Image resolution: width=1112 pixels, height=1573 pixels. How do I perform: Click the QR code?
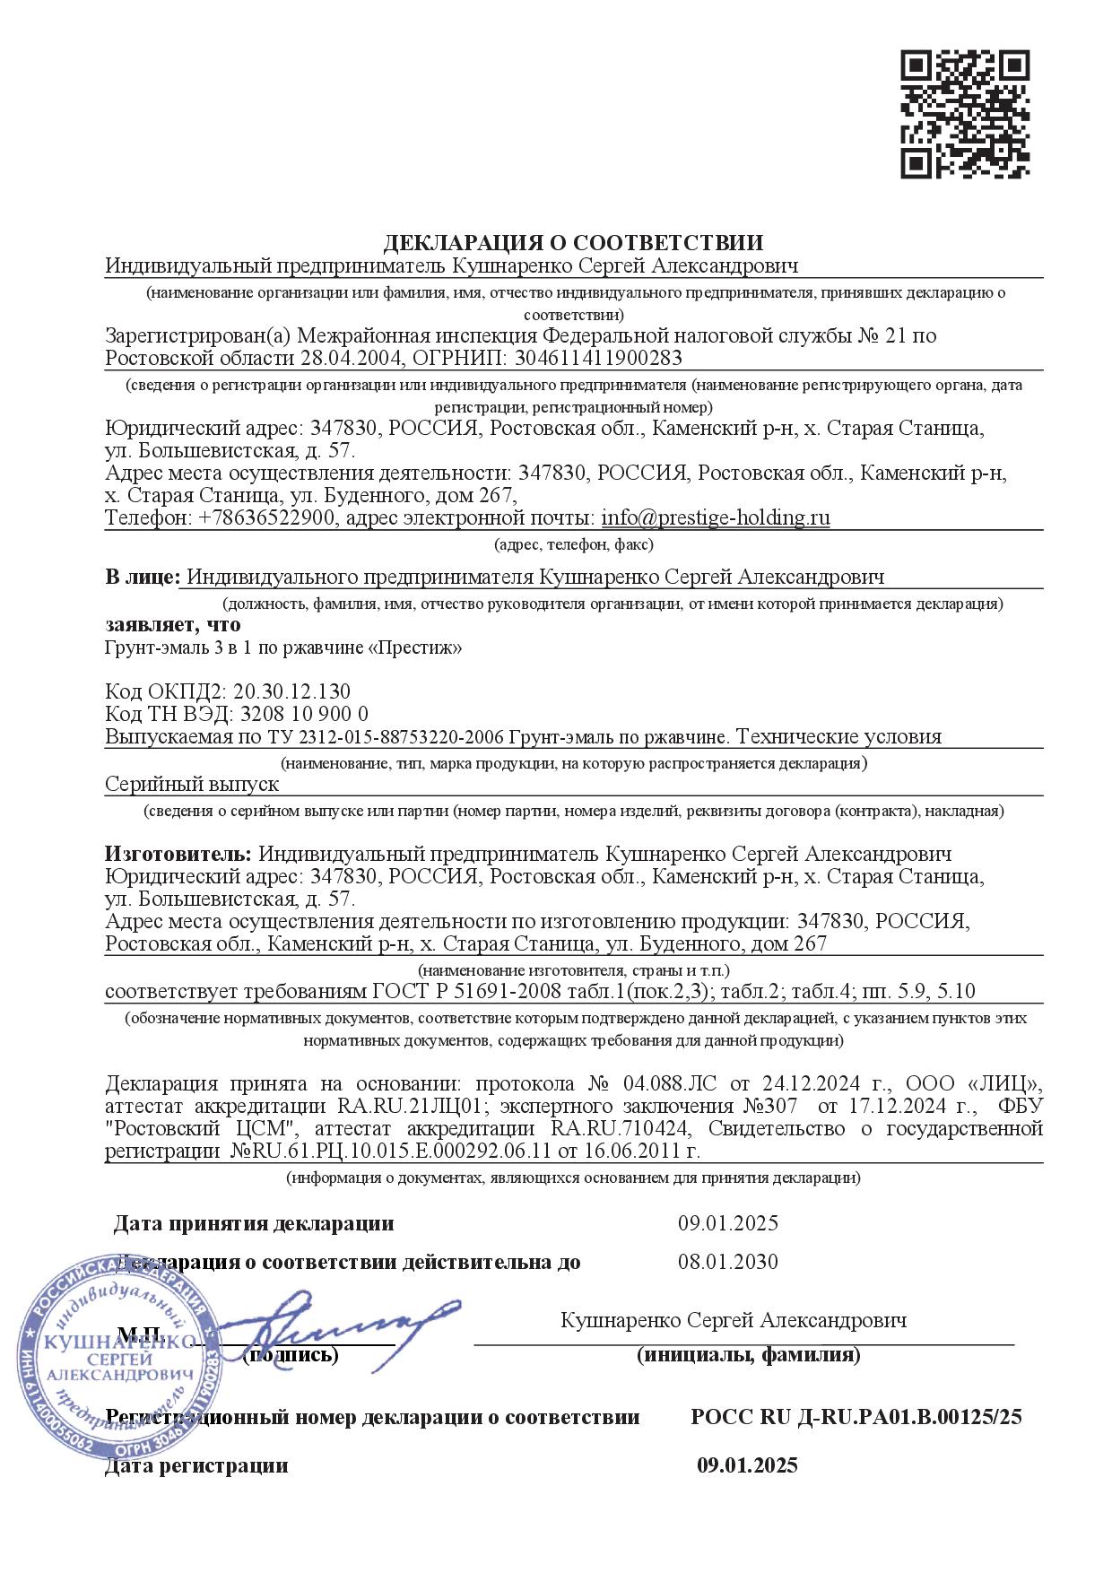point(964,114)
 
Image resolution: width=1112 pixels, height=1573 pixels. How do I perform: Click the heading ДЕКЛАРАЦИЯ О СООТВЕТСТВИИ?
point(573,243)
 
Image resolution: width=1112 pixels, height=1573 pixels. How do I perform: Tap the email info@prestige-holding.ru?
point(715,518)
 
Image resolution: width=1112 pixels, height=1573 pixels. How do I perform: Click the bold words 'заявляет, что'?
point(173,624)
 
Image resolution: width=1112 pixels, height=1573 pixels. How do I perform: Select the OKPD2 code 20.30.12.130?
point(291,691)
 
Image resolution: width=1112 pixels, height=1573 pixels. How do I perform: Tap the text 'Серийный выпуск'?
point(192,784)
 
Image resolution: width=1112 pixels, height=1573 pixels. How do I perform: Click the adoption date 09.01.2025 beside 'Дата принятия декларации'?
point(727,1224)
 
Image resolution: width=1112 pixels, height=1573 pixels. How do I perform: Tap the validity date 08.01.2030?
point(727,1263)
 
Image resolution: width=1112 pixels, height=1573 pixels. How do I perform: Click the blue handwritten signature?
point(332,1318)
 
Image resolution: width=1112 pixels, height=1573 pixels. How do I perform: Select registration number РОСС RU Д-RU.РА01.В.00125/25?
point(856,1418)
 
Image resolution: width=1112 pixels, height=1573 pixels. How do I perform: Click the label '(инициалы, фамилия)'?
point(748,1356)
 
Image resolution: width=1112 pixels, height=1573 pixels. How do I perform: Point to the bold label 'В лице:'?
point(142,578)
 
